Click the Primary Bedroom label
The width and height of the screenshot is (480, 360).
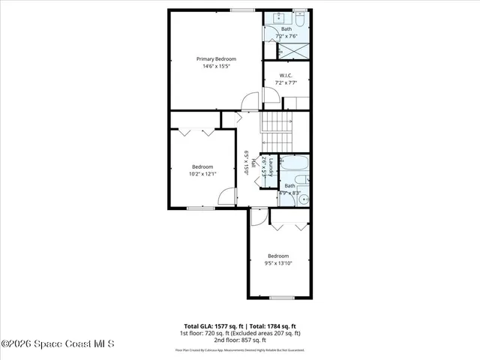tap(216, 58)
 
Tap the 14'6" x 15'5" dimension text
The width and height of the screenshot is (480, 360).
tap(216, 67)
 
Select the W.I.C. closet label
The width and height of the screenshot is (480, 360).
tap(286, 75)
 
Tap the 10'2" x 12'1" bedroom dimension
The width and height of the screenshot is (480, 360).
tap(202, 175)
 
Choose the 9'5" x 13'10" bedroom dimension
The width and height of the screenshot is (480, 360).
tap(278, 263)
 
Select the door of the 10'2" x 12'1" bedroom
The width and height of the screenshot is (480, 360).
tap(225, 196)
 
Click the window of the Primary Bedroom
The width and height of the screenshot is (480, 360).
tap(241, 10)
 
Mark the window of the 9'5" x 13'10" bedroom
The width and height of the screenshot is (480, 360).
tap(281, 298)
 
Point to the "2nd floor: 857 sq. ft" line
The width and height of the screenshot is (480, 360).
tap(239, 340)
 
